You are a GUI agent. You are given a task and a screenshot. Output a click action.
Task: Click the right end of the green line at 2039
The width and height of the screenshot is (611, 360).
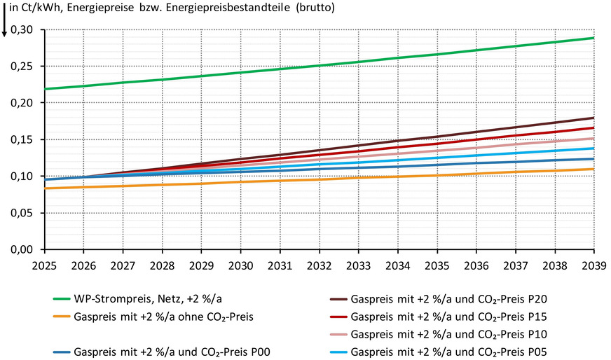click(x=593, y=38)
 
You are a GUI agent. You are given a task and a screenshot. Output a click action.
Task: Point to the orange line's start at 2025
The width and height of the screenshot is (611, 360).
click(x=46, y=188)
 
